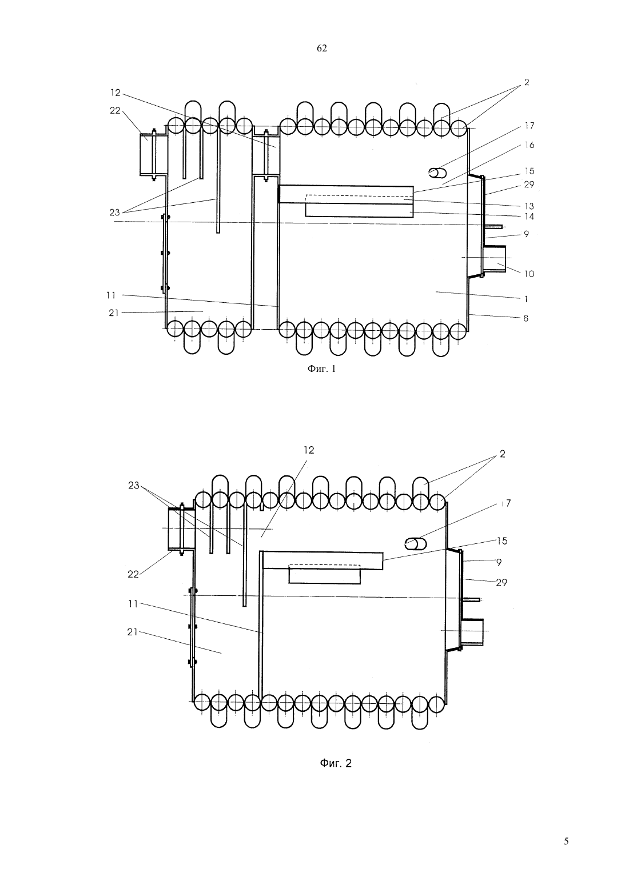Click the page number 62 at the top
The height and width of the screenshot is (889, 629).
321,49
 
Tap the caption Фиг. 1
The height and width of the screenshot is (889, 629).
321,369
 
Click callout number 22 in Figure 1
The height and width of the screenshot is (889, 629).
115,111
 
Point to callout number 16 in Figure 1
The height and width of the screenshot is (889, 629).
530,145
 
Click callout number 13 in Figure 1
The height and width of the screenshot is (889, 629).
529,206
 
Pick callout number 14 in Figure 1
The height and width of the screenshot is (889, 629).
529,217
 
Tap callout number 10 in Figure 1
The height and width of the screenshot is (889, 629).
529,274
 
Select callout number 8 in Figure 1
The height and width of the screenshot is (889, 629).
526,318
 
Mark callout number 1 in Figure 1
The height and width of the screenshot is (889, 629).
526,299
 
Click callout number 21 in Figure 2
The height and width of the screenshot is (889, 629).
132,632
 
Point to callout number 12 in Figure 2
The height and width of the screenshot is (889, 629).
309,450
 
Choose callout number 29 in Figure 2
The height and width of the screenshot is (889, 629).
501,583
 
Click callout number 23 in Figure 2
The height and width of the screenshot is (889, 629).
134,486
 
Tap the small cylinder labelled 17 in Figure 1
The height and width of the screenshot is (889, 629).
437,173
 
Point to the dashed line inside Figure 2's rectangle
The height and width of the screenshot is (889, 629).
324,564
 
